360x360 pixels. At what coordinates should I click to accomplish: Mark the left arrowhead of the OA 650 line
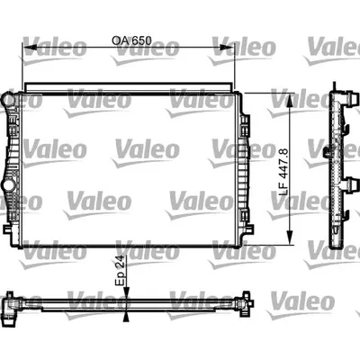[27, 49]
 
